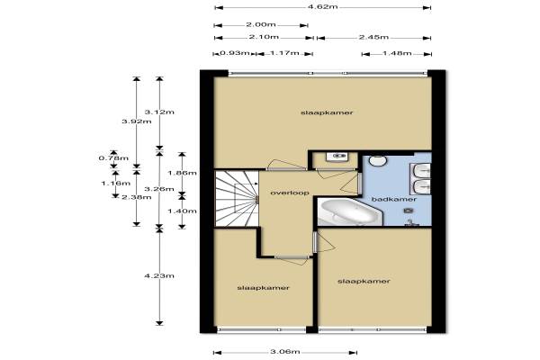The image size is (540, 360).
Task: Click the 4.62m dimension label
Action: [x=322, y=6]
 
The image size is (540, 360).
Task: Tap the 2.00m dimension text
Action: [x=261, y=24]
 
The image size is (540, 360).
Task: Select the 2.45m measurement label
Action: [x=373, y=37]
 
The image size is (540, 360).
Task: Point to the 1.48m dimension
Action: [x=397, y=53]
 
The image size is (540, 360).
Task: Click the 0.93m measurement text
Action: [x=235, y=53]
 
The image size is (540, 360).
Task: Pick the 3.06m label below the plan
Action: [x=284, y=351]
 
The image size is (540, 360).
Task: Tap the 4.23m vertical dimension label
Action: [x=159, y=275]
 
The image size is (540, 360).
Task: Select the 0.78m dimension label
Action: [x=113, y=158]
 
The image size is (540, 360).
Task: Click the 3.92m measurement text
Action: [x=137, y=121]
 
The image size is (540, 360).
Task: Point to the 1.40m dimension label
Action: [x=182, y=211]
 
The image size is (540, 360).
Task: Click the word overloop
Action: [x=290, y=193]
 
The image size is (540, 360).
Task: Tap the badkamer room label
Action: [x=394, y=199]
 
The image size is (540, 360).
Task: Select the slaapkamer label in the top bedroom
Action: [x=327, y=112]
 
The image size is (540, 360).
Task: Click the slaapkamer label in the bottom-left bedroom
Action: [x=263, y=288]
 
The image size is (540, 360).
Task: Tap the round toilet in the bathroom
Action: [x=378, y=159]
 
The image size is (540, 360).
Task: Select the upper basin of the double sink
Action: [x=420, y=170]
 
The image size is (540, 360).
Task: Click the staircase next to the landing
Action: [x=237, y=198]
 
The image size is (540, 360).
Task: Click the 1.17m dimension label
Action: [x=284, y=53]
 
